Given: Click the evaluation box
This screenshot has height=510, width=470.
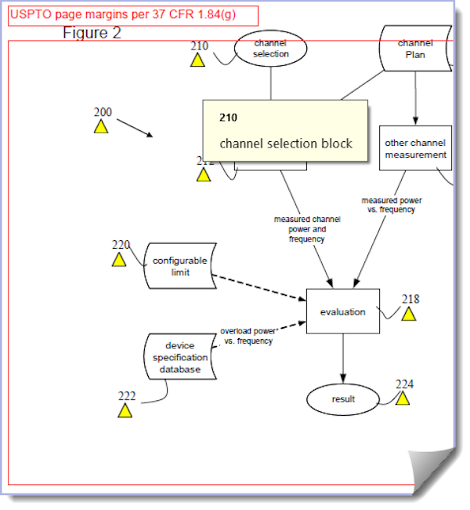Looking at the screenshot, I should pyautogui.click(x=342, y=311).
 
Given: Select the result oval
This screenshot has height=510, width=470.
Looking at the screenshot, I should pyautogui.click(x=343, y=399).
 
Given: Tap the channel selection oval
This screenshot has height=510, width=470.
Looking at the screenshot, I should pyautogui.click(x=271, y=49).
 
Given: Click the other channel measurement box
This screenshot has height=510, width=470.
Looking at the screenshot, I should pyautogui.click(x=415, y=148).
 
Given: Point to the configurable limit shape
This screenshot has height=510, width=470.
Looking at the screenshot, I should pyautogui.click(x=180, y=266).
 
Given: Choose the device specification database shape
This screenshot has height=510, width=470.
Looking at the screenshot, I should pyautogui.click(x=182, y=357).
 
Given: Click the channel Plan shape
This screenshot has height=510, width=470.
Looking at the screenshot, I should pyautogui.click(x=415, y=49).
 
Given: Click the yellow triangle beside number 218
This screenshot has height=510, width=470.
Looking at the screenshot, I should pyautogui.click(x=409, y=314).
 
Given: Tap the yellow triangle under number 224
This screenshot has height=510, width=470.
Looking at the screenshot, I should pyautogui.click(x=403, y=399).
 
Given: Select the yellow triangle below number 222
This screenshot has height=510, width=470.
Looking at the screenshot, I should pyautogui.click(x=125, y=410).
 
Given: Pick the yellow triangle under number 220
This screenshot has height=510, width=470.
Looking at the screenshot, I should pyautogui.click(x=119, y=260).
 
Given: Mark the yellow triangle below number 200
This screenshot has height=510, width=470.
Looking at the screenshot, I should pyautogui.click(x=101, y=126).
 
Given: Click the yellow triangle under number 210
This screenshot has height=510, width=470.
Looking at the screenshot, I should pyautogui.click(x=197, y=60).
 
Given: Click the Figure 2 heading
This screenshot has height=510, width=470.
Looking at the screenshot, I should pyautogui.click(x=92, y=33).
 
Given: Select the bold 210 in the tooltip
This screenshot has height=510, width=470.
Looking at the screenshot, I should pyautogui.click(x=228, y=118).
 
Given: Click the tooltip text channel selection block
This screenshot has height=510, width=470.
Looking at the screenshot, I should pyautogui.click(x=286, y=144).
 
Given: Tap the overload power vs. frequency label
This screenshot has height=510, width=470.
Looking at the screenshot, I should pyautogui.click(x=248, y=336).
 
